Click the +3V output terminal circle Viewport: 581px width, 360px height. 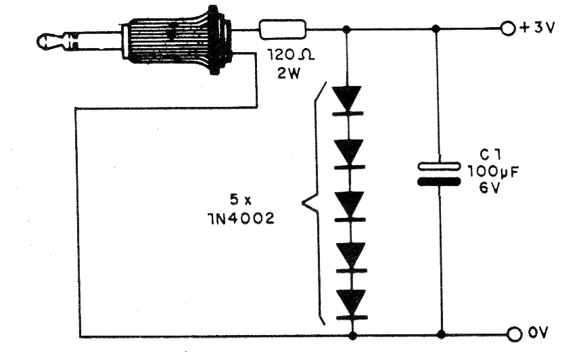click(508, 28)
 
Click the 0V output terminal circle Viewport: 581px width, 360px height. click(514, 334)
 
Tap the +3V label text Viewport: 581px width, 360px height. click(538, 28)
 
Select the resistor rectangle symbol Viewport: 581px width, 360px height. click(283, 29)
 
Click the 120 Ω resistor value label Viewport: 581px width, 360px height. click(291, 55)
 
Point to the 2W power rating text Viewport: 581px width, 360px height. click(289, 73)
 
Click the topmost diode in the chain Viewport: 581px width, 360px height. click(347, 100)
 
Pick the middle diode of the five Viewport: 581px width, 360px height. click(350, 206)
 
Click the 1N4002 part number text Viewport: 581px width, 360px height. click(241, 219)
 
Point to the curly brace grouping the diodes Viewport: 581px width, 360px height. click(314, 203)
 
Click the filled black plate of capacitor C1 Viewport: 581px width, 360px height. click(439, 181)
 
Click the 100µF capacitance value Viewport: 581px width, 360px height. click(493, 172)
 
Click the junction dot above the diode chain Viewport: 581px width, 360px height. click(346, 29)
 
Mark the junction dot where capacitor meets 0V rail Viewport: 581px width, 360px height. click(441, 334)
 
